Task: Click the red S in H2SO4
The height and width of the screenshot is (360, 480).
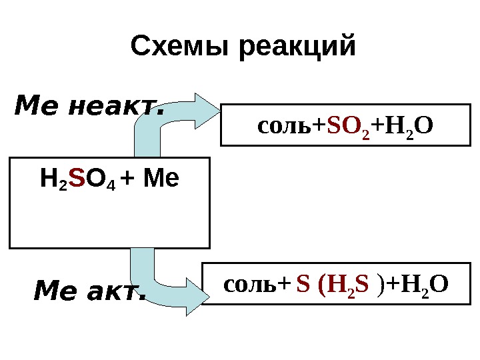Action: click(77, 179)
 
